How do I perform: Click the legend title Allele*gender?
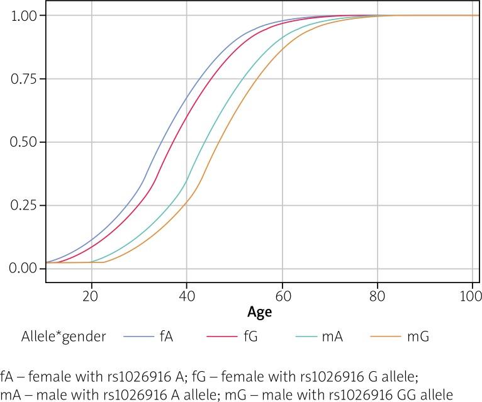coord(53,337)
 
